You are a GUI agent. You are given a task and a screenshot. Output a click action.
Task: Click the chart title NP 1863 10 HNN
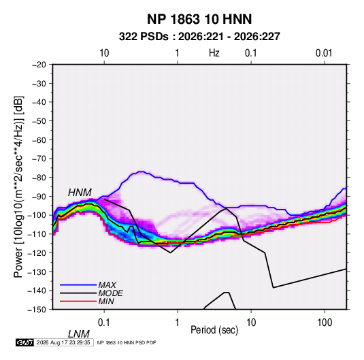pos(199,19)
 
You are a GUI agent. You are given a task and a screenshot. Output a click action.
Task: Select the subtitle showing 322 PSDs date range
pos(199,37)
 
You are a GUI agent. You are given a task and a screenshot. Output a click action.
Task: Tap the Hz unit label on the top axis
pos(214,53)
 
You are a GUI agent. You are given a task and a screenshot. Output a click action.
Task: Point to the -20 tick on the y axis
pos(39,65)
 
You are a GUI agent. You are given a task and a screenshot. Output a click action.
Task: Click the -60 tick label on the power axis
pos(39,140)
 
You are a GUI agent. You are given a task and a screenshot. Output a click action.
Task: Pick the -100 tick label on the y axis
pos(37,215)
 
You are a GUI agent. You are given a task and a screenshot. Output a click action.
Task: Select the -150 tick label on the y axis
pos(37,310)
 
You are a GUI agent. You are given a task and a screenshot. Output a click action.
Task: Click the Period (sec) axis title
pos(214,330)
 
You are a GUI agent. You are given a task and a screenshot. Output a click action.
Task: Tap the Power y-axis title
pos(18,187)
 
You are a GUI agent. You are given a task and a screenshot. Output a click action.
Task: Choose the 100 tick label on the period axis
pos(325,323)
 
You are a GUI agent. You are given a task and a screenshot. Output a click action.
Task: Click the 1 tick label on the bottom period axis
pos(178,323)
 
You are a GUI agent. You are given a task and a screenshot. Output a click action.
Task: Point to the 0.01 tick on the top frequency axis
pos(324,53)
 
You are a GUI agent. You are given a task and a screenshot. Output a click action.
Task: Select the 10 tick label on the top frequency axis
pos(104,53)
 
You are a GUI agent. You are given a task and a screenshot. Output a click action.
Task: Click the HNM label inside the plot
pos(80,193)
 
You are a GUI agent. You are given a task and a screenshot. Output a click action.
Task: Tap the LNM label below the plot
pos(79,334)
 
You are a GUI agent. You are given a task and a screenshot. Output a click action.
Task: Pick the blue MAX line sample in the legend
pos(78,285)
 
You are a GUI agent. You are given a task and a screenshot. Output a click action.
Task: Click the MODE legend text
pos(110,293)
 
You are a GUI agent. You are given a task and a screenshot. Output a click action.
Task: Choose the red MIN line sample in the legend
pos(78,301)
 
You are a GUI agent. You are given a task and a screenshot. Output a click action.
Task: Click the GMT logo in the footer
pos(25,342)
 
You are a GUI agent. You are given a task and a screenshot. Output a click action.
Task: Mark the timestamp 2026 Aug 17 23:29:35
pos(63,342)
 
